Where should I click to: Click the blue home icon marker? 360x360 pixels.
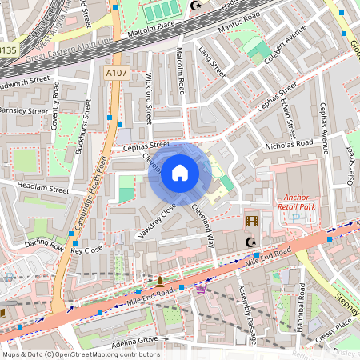(180, 173)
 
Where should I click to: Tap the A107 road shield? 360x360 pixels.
(115, 72)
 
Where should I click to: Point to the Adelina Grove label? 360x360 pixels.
(133, 340)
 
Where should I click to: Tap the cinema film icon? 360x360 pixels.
(253, 221)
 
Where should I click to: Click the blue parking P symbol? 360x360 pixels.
(295, 217)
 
